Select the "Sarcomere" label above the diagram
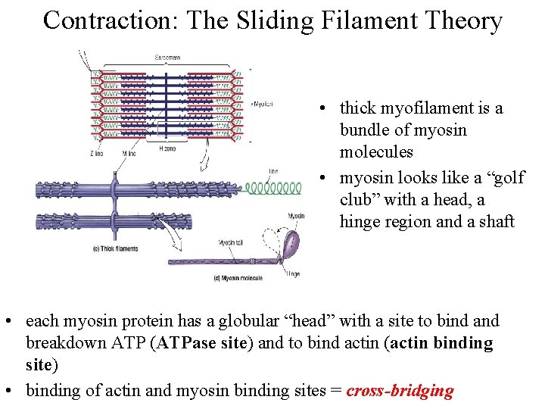click(x=168, y=57)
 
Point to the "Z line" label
click(x=96, y=154)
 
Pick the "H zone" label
click(x=167, y=149)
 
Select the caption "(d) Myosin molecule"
click(x=238, y=278)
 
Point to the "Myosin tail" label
click(x=232, y=242)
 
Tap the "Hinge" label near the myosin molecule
click(x=291, y=273)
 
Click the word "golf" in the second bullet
click(x=506, y=178)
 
